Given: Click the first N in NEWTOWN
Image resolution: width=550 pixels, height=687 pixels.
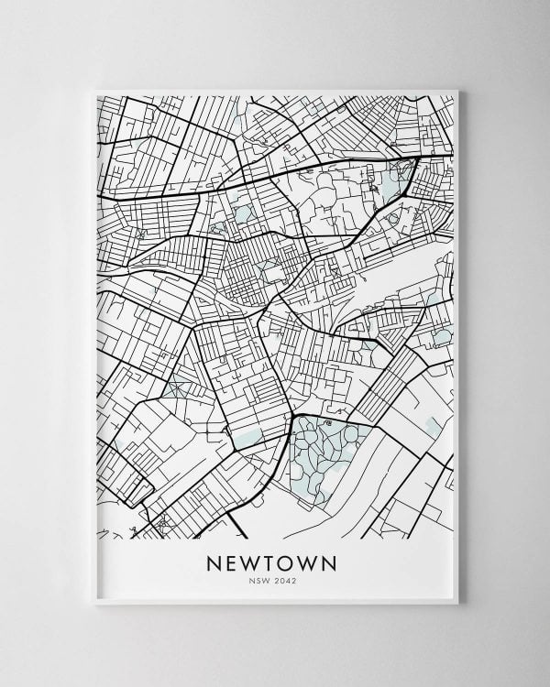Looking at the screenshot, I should tap(214, 560).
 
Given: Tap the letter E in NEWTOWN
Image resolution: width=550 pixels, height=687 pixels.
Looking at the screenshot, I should tap(233, 560).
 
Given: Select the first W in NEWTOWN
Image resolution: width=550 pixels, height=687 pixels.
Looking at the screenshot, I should tap(255, 560).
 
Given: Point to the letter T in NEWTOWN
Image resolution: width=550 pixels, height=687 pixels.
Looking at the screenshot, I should tap(275, 560).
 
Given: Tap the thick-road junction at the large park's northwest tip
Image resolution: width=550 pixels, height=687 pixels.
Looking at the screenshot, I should tap(292, 418).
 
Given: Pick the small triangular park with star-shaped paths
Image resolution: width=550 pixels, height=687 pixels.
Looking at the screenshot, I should tap(178, 385).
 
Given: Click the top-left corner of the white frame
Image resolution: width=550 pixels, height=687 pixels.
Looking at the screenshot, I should tap(95, 90).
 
